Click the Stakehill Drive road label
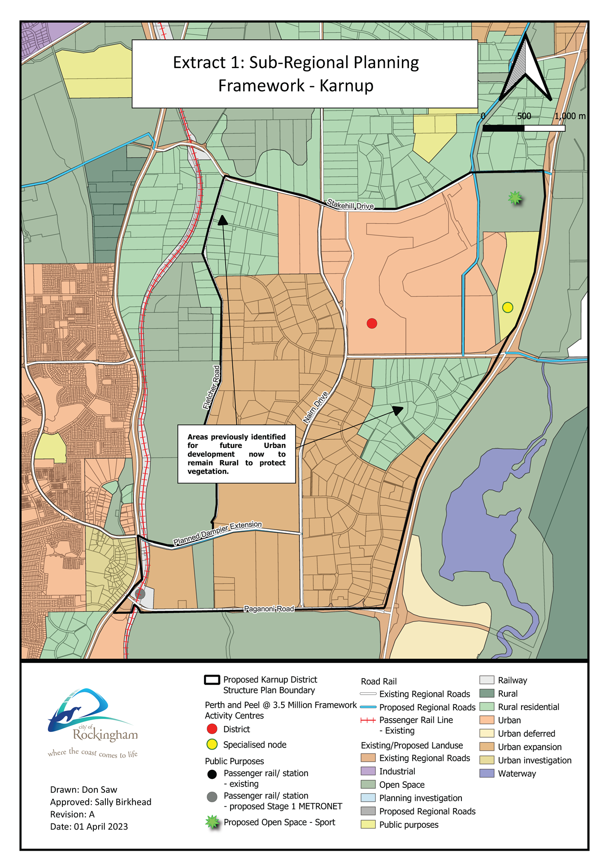350,204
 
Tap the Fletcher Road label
212,387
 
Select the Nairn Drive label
315,408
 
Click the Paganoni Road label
269,609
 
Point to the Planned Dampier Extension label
217,533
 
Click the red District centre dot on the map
372,323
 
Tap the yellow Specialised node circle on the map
507,307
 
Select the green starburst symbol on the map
515,197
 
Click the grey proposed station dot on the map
140,593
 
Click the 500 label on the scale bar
524,116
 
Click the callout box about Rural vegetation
236,454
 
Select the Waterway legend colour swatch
487,773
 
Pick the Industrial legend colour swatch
368,771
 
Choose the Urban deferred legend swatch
487,733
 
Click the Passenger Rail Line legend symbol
368,720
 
